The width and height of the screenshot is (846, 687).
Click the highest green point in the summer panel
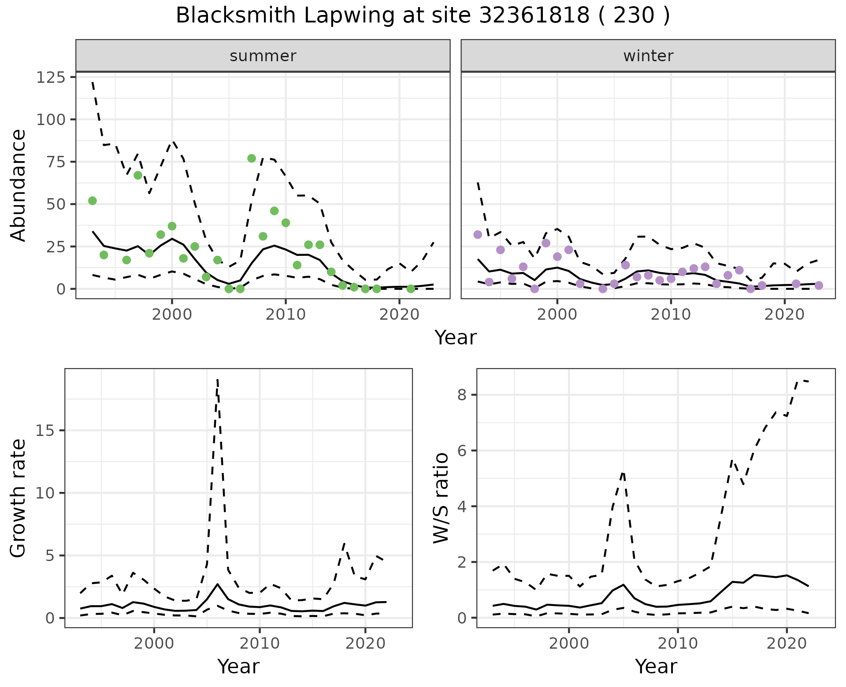252,159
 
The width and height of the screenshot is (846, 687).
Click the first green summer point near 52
93,201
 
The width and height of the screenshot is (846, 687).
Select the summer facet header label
263,56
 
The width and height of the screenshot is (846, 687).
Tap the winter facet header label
648,56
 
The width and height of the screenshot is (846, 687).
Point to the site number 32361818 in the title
534,16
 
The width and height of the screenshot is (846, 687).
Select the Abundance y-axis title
19,185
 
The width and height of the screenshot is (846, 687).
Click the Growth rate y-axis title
19,498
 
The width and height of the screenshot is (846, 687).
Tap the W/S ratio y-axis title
441,498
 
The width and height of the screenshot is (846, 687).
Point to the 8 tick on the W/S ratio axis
462,395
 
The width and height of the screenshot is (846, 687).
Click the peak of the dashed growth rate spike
218,380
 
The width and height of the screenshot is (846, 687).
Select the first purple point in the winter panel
478,235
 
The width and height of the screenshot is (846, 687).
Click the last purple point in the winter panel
819,285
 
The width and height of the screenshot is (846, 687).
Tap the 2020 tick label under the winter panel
784,315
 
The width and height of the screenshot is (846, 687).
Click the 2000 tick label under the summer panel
172,315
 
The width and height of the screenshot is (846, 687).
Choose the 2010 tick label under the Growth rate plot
260,644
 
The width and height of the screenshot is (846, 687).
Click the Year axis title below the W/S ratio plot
656,667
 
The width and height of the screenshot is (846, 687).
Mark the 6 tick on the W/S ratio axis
462,451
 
